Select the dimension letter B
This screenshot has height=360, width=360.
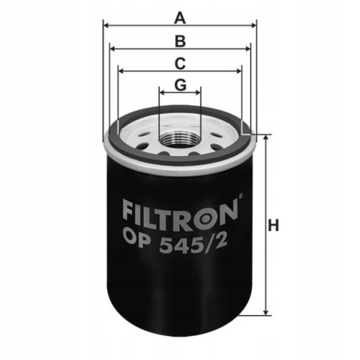[x=180, y=39]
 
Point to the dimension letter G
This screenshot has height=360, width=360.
[x=180, y=85]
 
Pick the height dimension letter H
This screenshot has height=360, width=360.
[x=274, y=225]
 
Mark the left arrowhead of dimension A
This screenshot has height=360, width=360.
[x=107, y=25]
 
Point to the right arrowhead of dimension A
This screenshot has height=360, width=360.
[x=253, y=25]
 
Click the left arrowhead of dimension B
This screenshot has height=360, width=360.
[x=113, y=49]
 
